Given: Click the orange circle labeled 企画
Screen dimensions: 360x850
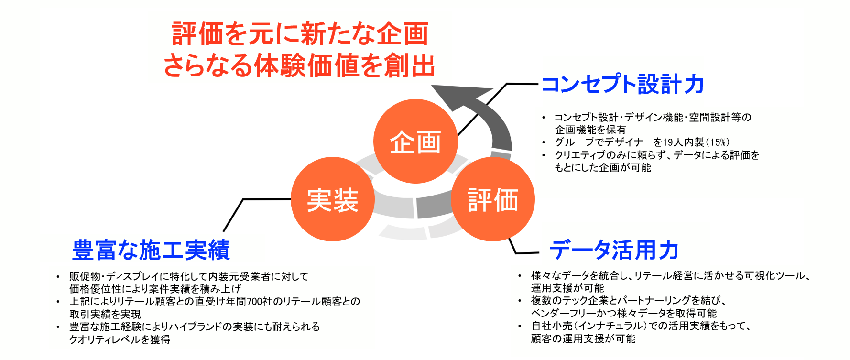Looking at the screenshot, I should point(415,142).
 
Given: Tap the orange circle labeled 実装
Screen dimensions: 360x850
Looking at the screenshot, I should point(333,199).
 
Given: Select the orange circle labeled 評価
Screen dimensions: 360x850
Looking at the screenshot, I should point(493,199).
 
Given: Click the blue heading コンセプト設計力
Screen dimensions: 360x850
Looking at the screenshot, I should point(622,84).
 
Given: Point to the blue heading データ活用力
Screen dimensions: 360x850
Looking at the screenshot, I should point(614,250).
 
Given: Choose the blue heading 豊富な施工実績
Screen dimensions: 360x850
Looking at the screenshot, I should point(151,250).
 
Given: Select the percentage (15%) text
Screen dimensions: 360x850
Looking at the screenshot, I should point(718,142).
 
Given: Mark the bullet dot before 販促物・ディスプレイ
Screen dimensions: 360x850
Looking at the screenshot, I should point(58,277).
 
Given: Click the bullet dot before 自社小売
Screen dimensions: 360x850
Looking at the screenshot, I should point(520,326).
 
